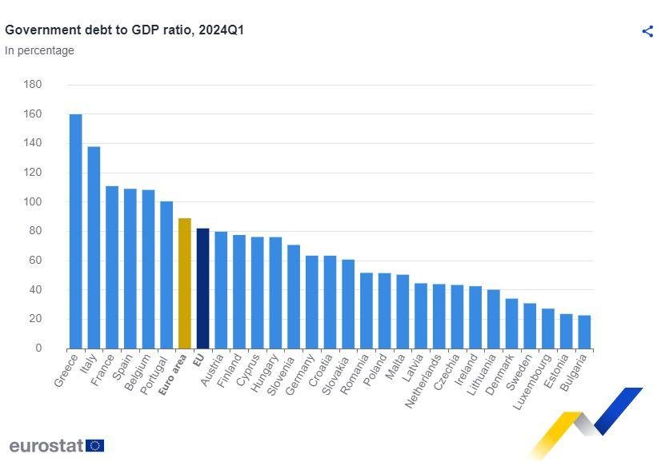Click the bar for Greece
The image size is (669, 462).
pos(75,231)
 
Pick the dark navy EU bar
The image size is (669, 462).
pos(202,288)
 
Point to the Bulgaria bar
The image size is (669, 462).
pos(584,332)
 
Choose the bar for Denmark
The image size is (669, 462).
pos(511,323)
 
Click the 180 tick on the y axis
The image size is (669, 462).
pos(33,84)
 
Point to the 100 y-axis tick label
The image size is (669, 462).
pos(33,201)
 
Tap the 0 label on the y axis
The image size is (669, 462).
pos(38,348)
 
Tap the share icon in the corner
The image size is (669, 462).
pos(647,31)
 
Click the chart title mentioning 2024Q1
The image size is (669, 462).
pos(124,30)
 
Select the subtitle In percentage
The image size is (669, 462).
pos(39,50)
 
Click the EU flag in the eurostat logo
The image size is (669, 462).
pos(95,445)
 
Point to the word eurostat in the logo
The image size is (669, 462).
pos(46,445)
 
